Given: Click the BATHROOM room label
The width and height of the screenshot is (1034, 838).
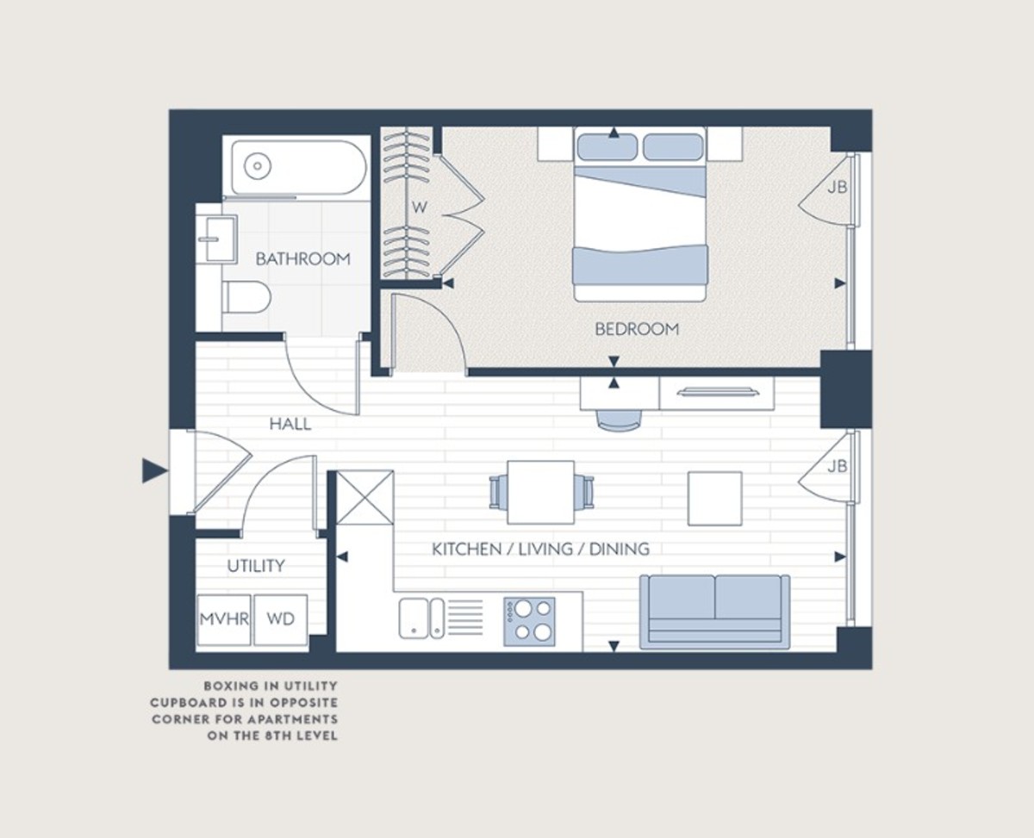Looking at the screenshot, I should [302, 258].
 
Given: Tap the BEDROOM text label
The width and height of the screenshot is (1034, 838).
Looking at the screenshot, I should [637, 329].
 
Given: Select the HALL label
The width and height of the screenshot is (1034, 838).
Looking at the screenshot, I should [290, 424].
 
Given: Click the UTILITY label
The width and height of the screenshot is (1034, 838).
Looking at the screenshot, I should [256, 566].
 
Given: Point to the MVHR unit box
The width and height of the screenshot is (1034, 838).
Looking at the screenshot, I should [224, 619].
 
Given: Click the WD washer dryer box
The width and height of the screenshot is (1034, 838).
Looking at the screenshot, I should [281, 619].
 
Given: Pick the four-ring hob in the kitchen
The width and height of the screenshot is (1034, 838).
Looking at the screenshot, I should [530, 621].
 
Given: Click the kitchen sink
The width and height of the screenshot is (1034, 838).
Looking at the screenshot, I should [422, 618].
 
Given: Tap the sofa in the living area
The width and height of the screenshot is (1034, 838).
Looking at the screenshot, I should [714, 611].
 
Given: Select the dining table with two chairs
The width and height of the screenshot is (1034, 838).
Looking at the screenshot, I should [541, 492].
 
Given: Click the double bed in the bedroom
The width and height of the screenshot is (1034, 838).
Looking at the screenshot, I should [640, 214].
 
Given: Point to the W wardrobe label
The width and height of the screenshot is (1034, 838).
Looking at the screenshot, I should [419, 208].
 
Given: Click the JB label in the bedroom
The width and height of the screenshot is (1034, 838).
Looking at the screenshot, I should [837, 187].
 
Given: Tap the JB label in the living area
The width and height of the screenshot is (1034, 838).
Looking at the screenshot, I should [837, 466].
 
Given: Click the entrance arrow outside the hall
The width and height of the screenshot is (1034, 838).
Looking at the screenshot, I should [154, 470].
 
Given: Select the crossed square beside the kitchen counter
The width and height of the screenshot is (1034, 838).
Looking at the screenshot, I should [364, 498].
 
